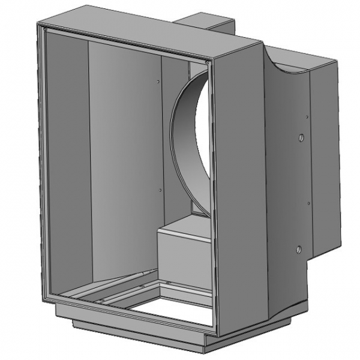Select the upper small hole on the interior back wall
(157, 80)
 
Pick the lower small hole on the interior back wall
(160, 190)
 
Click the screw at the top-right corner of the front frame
(208, 61)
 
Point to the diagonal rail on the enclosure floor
(108, 287)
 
